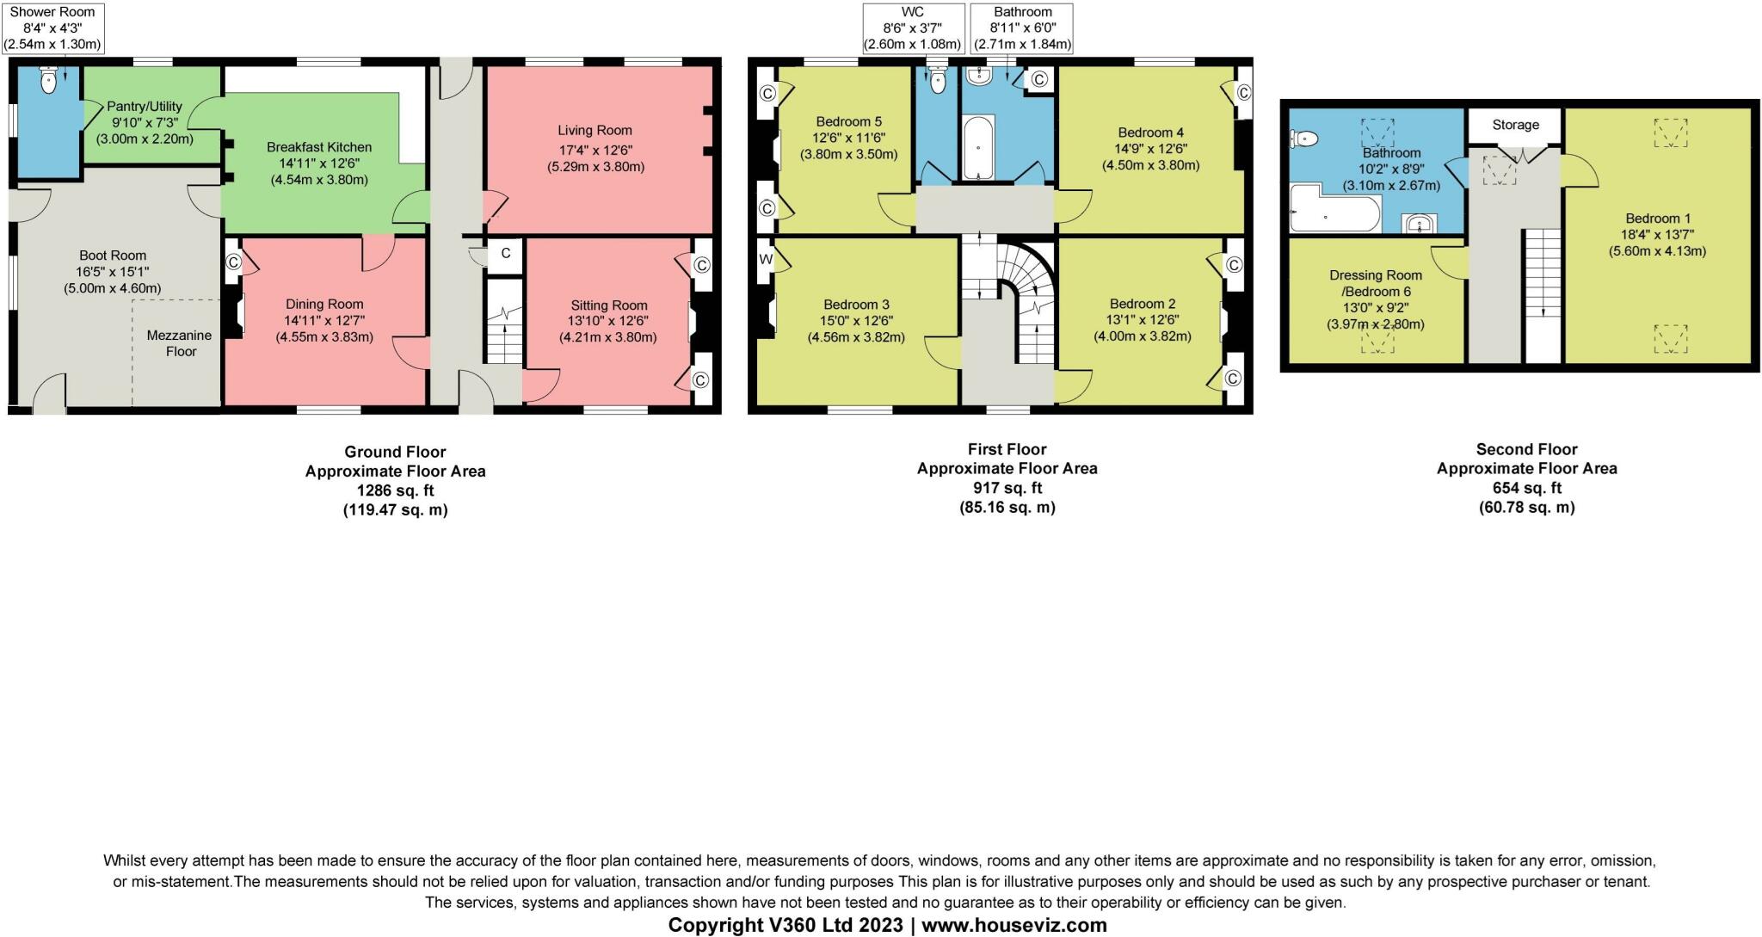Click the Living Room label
point(595,131)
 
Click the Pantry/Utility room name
point(145,107)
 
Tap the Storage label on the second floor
point(1515,125)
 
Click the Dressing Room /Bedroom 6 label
point(1376,283)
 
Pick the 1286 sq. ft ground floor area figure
point(395,490)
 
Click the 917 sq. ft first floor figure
point(1007,488)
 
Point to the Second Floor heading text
point(1526,449)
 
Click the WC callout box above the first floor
point(912,28)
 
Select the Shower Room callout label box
point(52,28)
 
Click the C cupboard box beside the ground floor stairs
point(506,253)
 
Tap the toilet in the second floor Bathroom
point(1304,138)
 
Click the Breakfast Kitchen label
point(319,147)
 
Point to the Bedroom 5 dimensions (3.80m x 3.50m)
point(848,154)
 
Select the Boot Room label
point(113,256)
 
